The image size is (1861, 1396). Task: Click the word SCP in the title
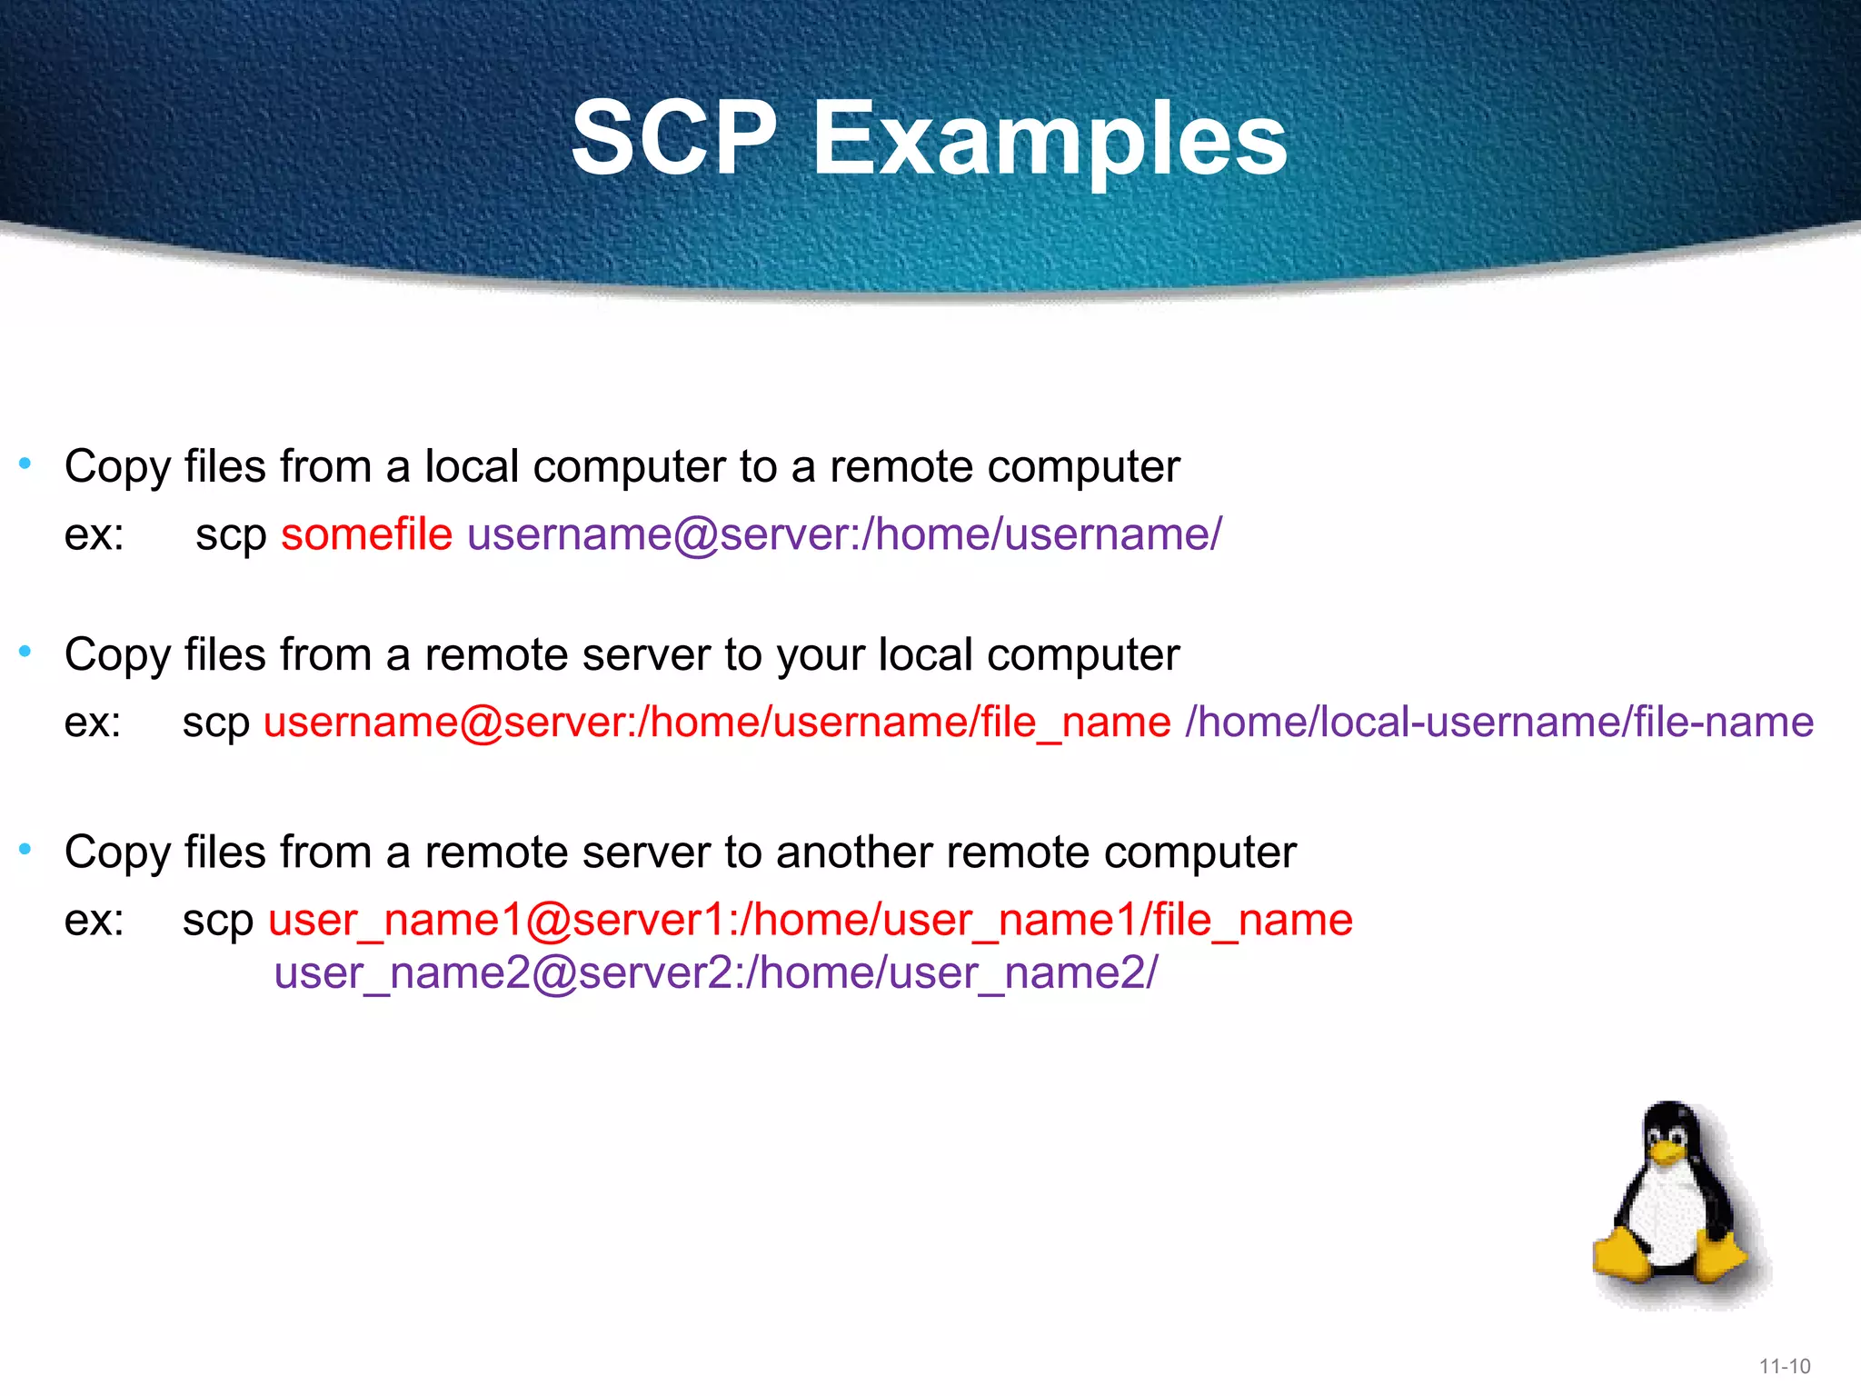click(673, 138)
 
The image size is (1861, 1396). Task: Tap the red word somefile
click(366, 533)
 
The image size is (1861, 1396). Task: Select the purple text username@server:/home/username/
click(844, 533)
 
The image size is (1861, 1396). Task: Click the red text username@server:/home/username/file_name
click(716, 723)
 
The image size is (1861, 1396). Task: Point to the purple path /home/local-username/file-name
click(1499, 723)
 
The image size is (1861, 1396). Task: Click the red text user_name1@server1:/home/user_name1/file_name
click(810, 920)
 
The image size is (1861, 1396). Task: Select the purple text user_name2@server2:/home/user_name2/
click(715, 973)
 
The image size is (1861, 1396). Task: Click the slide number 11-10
click(1784, 1366)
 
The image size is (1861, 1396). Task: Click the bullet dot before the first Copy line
click(25, 464)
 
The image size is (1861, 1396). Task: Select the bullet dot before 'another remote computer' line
click(25, 849)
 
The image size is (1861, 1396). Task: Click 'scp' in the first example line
click(230, 535)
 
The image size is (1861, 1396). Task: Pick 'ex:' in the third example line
click(94, 920)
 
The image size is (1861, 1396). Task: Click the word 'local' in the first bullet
click(471, 466)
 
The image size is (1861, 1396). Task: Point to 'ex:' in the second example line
click(93, 723)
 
